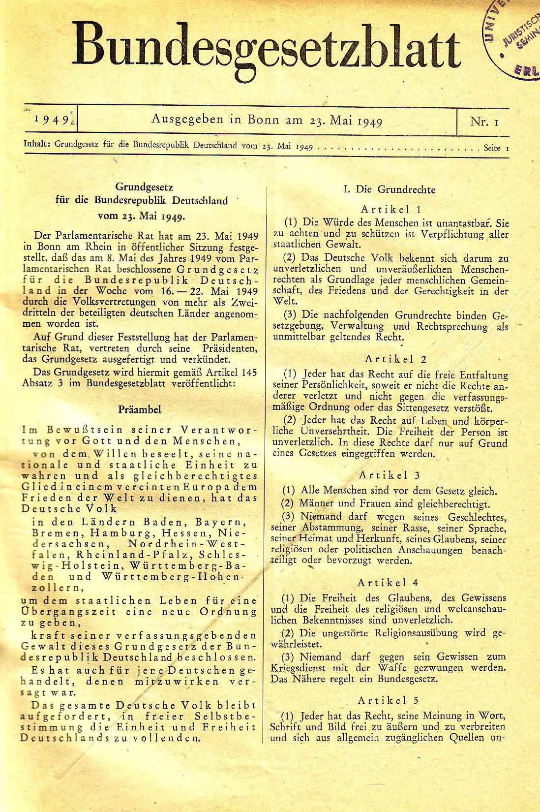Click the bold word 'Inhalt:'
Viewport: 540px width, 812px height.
[x=37, y=146]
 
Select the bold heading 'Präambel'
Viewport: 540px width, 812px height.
[x=140, y=409]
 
